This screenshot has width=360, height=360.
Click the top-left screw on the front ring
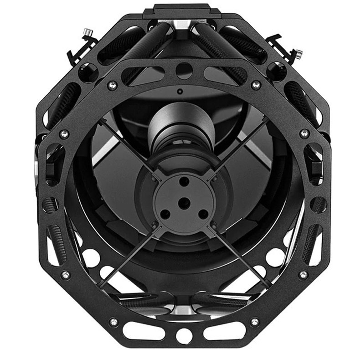coord(111,84)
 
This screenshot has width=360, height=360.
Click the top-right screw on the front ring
coord(256,84)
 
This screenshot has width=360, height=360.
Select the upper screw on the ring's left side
coord(64,134)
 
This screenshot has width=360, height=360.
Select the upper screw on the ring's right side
coord(303,134)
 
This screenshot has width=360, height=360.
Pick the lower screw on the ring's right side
coord(303,274)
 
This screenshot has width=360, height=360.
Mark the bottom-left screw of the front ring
coord(113,322)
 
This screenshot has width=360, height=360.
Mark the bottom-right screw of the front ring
coord(255,322)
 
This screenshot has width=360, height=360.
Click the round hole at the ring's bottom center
coord(184,336)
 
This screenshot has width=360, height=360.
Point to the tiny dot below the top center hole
coord(180,91)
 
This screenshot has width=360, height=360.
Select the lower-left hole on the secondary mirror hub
coord(165,213)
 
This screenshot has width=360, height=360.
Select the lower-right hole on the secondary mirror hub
coord(202,213)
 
